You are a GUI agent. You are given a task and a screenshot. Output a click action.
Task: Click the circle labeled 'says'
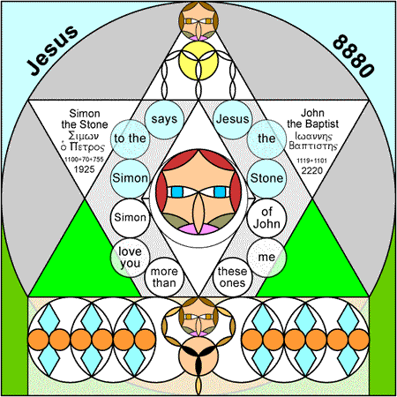click(164, 119)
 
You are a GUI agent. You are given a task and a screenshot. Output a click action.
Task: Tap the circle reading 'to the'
click(130, 139)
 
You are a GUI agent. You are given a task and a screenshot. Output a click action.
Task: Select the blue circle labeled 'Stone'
click(266, 178)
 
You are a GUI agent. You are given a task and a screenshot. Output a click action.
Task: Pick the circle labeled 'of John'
click(266, 218)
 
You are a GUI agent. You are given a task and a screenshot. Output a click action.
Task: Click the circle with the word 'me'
click(266, 258)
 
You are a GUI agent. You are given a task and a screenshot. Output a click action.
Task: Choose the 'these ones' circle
click(232, 277)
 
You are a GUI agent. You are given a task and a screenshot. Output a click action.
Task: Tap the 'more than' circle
click(164, 277)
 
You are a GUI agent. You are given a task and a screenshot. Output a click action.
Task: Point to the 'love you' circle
click(130, 258)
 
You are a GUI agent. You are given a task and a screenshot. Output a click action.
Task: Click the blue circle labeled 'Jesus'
click(232, 119)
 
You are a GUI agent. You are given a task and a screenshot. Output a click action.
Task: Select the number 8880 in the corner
click(354, 56)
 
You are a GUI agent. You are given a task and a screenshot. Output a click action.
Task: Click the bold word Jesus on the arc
click(52, 50)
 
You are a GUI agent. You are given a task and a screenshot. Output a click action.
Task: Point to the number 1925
click(84, 169)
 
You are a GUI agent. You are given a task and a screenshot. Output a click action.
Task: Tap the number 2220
click(312, 170)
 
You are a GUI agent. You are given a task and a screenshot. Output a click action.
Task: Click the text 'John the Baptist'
click(312, 118)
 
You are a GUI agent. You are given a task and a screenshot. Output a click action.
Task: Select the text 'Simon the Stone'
click(85, 119)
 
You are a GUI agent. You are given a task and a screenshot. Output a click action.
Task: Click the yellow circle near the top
click(198, 61)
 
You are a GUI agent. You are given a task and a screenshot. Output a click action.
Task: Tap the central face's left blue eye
click(177, 192)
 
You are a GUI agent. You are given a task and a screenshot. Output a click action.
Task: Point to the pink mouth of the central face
click(198, 228)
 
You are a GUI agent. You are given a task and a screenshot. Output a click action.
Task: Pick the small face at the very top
click(198, 21)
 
